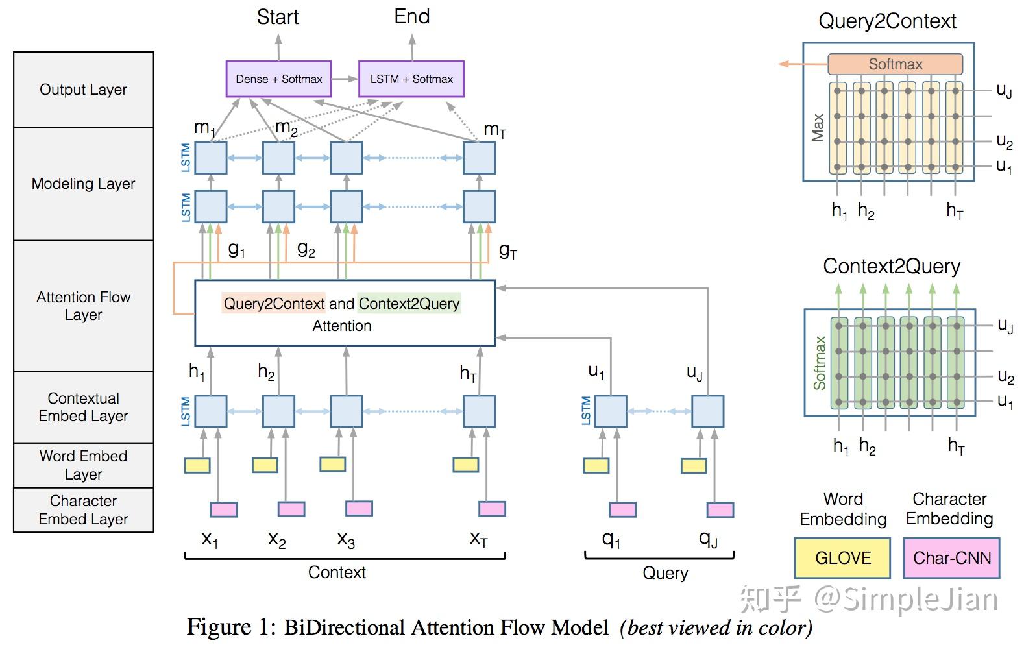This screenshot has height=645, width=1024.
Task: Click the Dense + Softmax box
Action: pyautogui.click(x=278, y=79)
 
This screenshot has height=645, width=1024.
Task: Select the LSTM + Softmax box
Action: pyautogui.click(x=411, y=79)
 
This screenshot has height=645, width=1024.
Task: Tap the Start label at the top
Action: pyautogui.click(x=278, y=17)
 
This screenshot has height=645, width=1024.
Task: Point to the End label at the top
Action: pyautogui.click(x=412, y=17)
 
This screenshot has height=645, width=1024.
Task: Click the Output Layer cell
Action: pyautogui.click(x=84, y=90)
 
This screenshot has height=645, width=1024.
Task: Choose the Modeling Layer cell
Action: pyautogui.click(x=84, y=184)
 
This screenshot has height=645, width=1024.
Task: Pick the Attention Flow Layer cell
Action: pyautogui.click(x=84, y=306)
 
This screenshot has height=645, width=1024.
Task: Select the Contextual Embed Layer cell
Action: pyautogui.click(x=84, y=407)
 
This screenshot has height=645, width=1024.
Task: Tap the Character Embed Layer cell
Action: pyautogui.click(x=84, y=510)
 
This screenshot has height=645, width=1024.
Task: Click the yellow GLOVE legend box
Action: pyautogui.click(x=842, y=558)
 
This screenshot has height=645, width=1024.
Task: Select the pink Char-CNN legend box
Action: pyautogui.click(x=951, y=558)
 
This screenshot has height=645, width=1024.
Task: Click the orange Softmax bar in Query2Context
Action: pyautogui.click(x=896, y=64)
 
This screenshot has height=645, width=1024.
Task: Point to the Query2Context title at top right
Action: pyautogui.click(x=887, y=21)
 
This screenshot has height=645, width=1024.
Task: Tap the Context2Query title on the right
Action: pyautogui.click(x=892, y=267)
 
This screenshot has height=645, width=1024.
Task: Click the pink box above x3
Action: pyautogui.click(x=359, y=508)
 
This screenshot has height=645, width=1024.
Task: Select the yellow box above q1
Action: pyautogui.click(x=596, y=465)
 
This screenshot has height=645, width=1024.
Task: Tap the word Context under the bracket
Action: pyautogui.click(x=337, y=572)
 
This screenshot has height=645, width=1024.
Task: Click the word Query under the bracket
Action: pyautogui.click(x=665, y=573)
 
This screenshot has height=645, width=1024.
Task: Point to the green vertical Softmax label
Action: pyautogui.click(x=820, y=363)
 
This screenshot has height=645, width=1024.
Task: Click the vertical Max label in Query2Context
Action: pyautogui.click(x=818, y=127)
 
